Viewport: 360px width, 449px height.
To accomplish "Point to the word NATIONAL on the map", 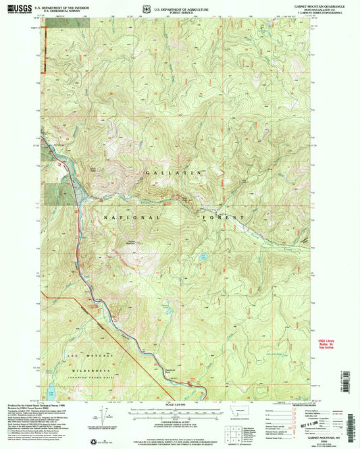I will tap(132, 217).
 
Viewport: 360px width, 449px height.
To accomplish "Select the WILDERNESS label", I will tap(78, 371).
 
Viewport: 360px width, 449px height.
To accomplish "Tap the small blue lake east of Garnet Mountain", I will tap(202, 256).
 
